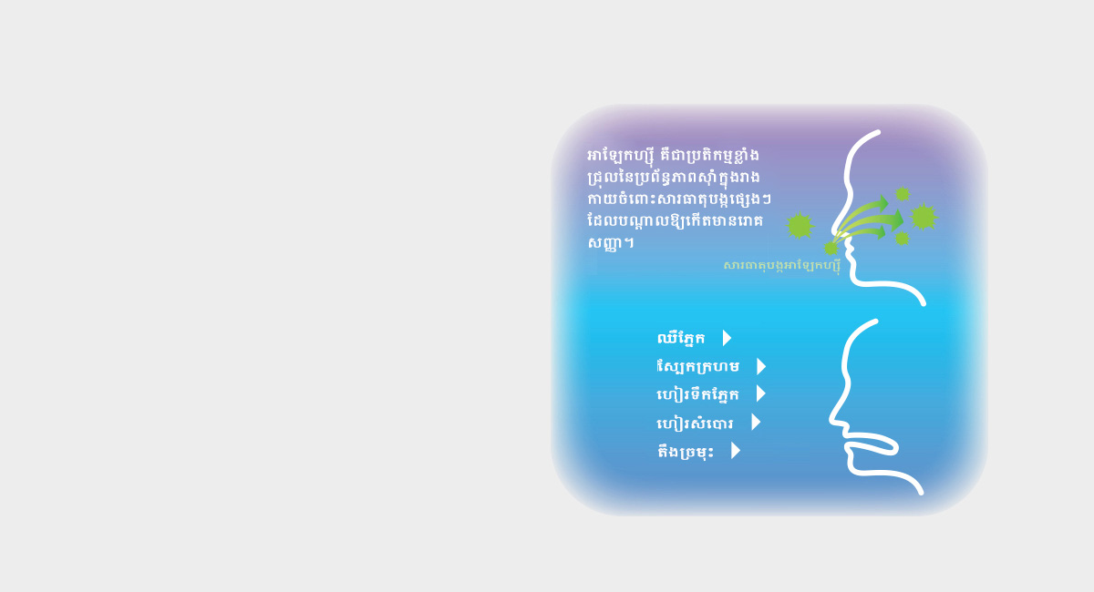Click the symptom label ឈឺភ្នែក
[681, 338]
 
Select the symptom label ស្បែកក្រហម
[698, 366]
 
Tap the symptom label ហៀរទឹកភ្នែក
[698, 394]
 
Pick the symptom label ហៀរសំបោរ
[695, 423]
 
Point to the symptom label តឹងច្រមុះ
[686, 452]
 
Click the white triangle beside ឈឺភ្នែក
[728, 338]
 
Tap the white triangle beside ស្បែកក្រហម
[761, 366]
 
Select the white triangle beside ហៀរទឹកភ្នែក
[761, 393]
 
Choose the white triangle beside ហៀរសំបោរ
[756, 423]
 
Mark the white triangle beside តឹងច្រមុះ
[736, 451]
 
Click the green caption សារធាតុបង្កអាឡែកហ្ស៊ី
[782, 267]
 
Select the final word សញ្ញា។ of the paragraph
[611, 243]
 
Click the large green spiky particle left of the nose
[800, 226]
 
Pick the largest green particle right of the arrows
[924, 217]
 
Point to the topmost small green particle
[903, 194]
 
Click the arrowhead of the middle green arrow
[897, 220]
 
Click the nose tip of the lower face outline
[831, 419]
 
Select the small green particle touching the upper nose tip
[831, 249]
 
